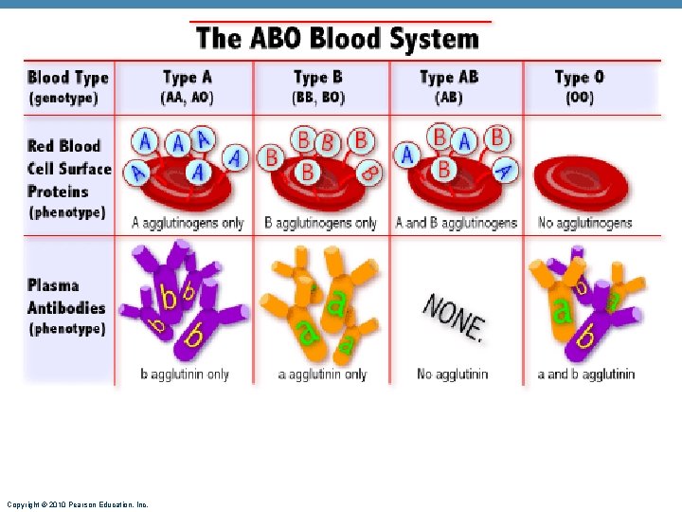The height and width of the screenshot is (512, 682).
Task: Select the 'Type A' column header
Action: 188,77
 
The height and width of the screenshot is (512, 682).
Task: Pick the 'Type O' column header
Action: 579,77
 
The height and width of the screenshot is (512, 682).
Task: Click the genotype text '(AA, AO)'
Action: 188,97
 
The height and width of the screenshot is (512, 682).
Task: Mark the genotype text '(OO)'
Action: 579,97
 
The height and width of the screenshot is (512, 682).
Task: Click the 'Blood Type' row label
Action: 68,78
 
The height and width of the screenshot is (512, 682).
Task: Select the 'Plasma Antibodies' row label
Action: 66,296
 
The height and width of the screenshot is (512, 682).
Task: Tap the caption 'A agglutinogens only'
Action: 188,224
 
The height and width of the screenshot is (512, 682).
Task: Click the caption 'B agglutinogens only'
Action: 320,224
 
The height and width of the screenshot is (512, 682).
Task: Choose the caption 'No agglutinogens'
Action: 584,224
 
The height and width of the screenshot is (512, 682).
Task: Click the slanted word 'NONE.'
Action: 454,316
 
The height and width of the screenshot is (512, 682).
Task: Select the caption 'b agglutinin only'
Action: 185,375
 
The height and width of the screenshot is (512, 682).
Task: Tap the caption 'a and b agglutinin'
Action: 585,375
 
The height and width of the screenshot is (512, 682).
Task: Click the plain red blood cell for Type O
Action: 580,180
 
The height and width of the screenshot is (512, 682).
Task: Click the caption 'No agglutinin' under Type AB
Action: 453,375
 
